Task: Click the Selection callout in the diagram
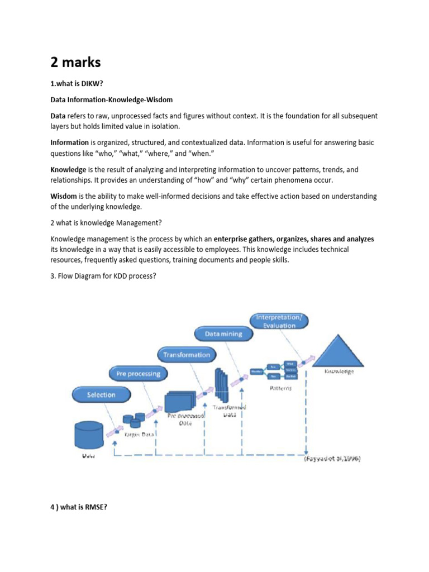tap(101, 395)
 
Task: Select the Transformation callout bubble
tap(187, 355)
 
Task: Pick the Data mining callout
tap(223, 334)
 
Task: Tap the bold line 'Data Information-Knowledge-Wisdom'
tap(112, 99)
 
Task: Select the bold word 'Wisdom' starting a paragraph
tap(64, 196)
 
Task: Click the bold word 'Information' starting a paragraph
tap(70, 142)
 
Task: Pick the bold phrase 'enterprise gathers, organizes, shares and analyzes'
tap(294, 239)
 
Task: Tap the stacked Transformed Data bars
tap(222, 386)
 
